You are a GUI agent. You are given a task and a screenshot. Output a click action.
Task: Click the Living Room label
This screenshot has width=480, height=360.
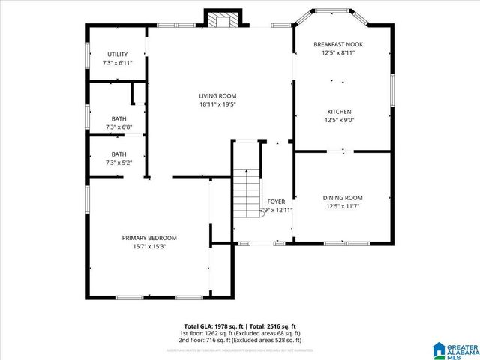pos(217,95)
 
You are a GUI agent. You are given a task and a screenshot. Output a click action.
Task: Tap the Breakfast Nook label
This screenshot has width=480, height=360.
pos(337,45)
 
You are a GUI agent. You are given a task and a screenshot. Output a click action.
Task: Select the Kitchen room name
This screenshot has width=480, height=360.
pos(337,111)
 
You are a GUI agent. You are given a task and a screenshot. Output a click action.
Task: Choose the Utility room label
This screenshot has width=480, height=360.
pos(117,54)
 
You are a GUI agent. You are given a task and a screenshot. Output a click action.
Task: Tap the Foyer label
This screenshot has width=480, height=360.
pos(276,202)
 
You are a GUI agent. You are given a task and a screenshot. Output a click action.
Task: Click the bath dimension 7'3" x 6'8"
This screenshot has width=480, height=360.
pos(118,127)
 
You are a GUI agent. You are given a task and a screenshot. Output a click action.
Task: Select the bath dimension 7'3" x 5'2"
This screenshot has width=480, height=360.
pos(118,163)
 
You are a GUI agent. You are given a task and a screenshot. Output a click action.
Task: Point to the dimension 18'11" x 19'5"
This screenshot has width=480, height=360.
pos(217,104)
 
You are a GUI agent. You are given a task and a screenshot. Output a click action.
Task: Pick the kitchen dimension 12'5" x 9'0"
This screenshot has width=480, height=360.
pos(337,120)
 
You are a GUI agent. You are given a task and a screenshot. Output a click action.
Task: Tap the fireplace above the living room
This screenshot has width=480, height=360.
pos(221,20)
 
